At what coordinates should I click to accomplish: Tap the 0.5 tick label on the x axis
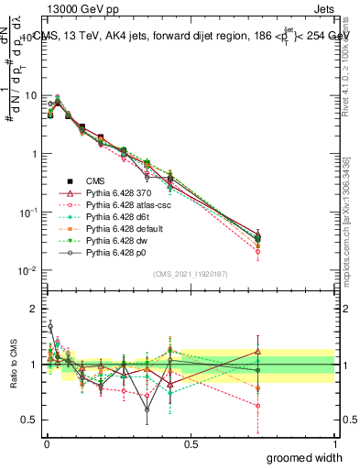(x=191, y=442)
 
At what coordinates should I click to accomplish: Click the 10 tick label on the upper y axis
(x=30, y=95)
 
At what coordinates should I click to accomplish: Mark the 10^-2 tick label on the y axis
(x=27, y=270)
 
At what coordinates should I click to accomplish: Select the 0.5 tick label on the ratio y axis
(x=27, y=420)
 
